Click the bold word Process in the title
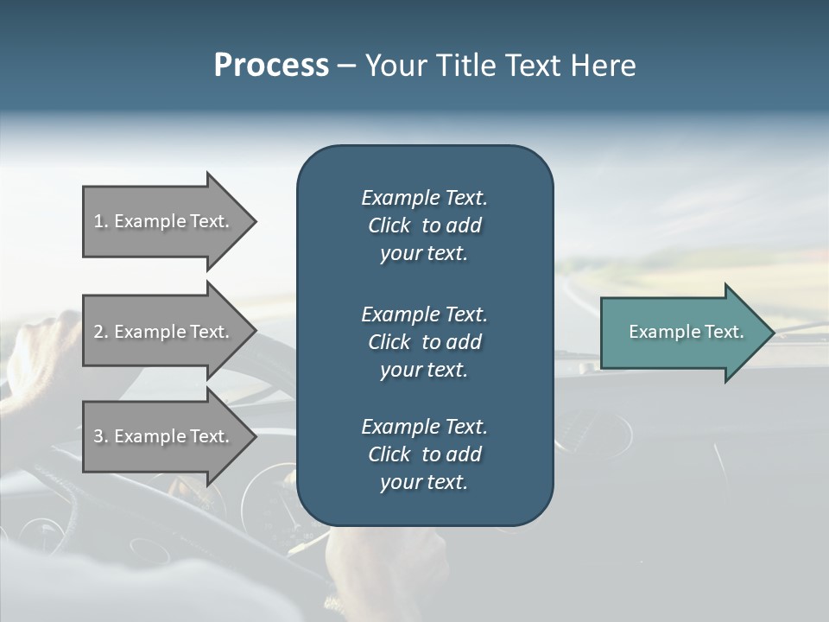click(271, 66)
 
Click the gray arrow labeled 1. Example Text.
click(164, 221)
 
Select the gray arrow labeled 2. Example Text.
click(164, 332)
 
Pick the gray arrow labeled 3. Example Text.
click(164, 436)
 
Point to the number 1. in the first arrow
click(101, 221)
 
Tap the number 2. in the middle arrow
click(101, 332)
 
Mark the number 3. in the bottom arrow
click(101, 436)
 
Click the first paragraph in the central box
click(424, 225)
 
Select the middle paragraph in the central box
click(424, 342)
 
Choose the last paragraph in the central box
click(424, 454)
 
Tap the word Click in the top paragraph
click(389, 225)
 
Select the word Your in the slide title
click(393, 66)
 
